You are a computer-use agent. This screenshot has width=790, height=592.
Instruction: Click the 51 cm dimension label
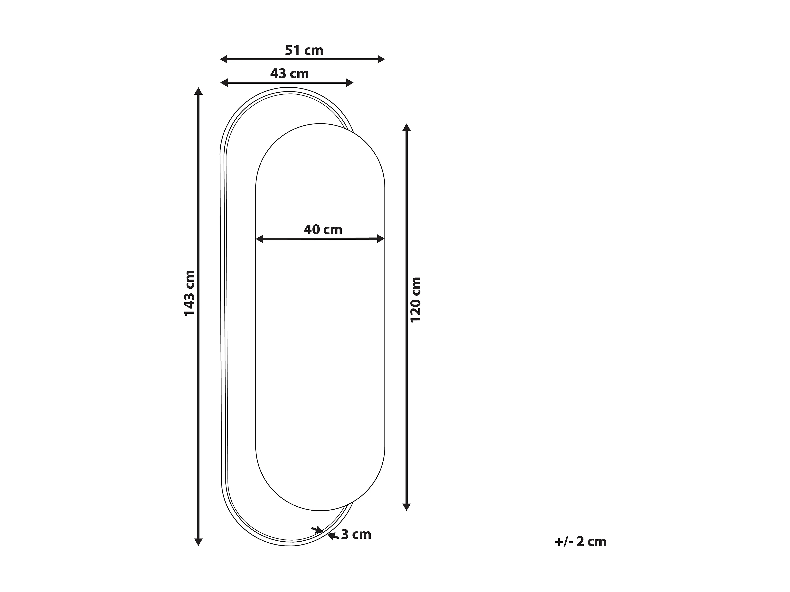[x=304, y=50]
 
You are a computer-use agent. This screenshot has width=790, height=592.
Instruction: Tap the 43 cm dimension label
[x=289, y=74]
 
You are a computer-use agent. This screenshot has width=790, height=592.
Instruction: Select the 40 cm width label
[x=323, y=229]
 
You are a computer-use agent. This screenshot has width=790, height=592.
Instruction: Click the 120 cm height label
[x=416, y=300]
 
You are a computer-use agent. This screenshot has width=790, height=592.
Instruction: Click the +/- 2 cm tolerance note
[x=580, y=542]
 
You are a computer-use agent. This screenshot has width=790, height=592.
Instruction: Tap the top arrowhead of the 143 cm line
[x=199, y=91]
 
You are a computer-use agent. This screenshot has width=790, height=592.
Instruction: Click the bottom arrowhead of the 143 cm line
[x=199, y=542]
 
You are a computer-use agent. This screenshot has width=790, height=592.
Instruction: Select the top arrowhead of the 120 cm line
[x=406, y=127]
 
